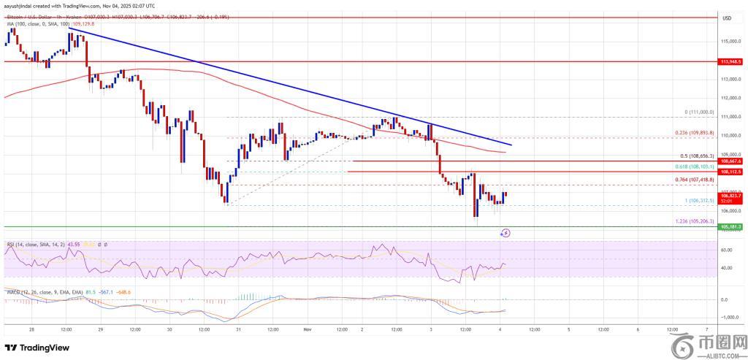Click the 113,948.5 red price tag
coord(731,62)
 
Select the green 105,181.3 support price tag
coord(731,227)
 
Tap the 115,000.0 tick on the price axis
coord(731,42)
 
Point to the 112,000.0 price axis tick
coord(731,98)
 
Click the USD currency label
coord(727,19)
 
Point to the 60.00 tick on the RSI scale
coord(728,250)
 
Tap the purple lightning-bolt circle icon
coord(505,233)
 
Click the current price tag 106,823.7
coord(731,196)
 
